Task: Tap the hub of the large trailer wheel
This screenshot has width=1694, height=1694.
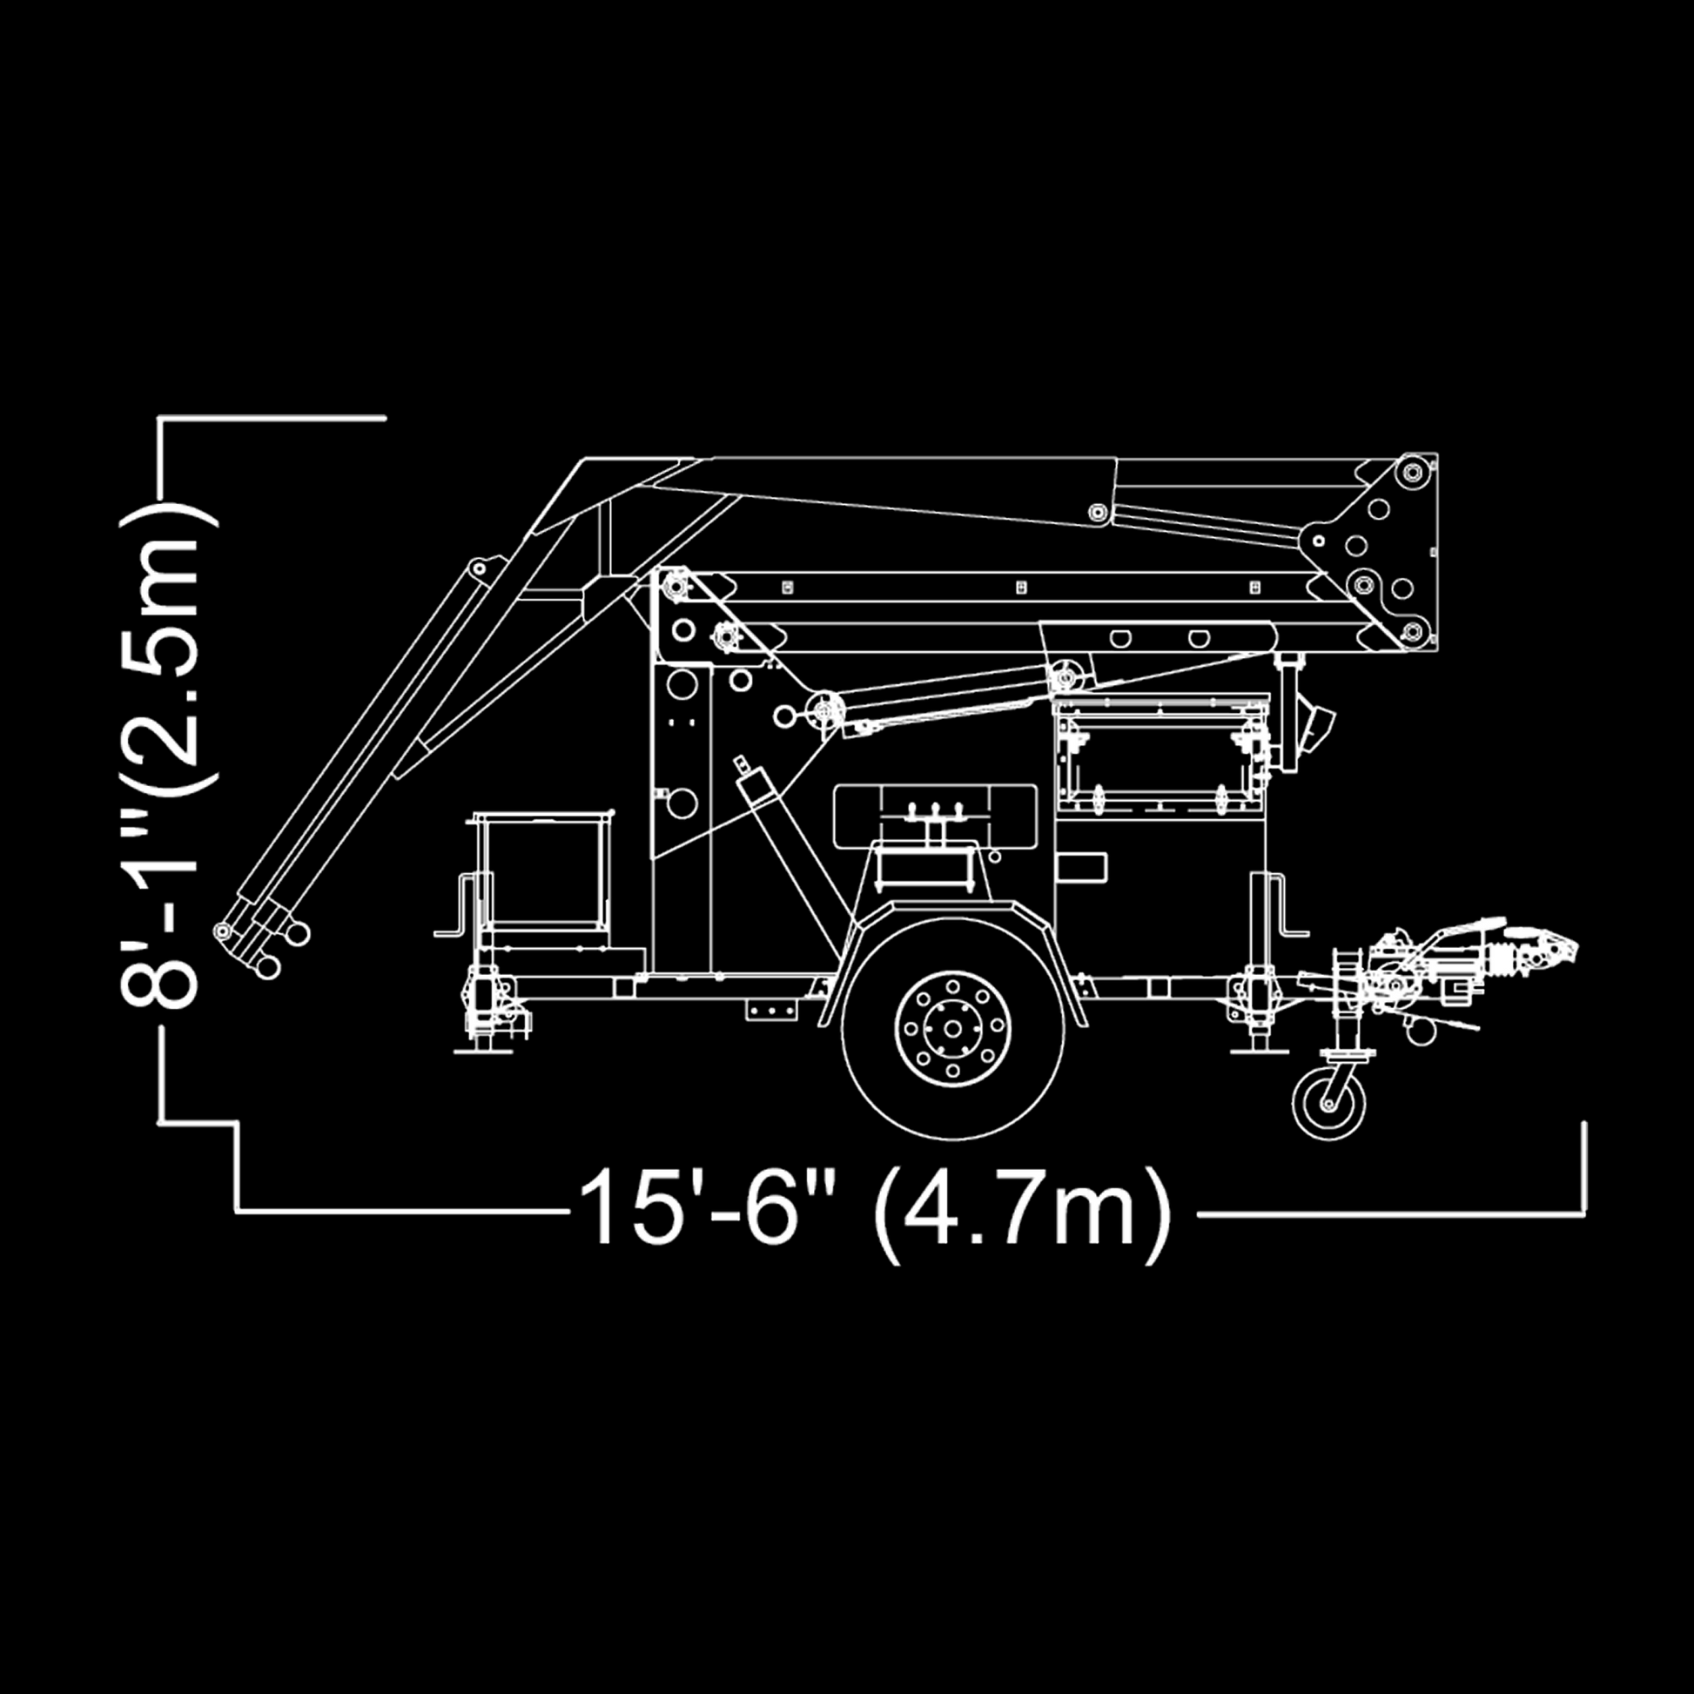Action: click(952, 1027)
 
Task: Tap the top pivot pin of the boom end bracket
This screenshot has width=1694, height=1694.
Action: click(1412, 473)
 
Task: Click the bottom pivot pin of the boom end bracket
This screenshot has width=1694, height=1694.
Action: click(1412, 630)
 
